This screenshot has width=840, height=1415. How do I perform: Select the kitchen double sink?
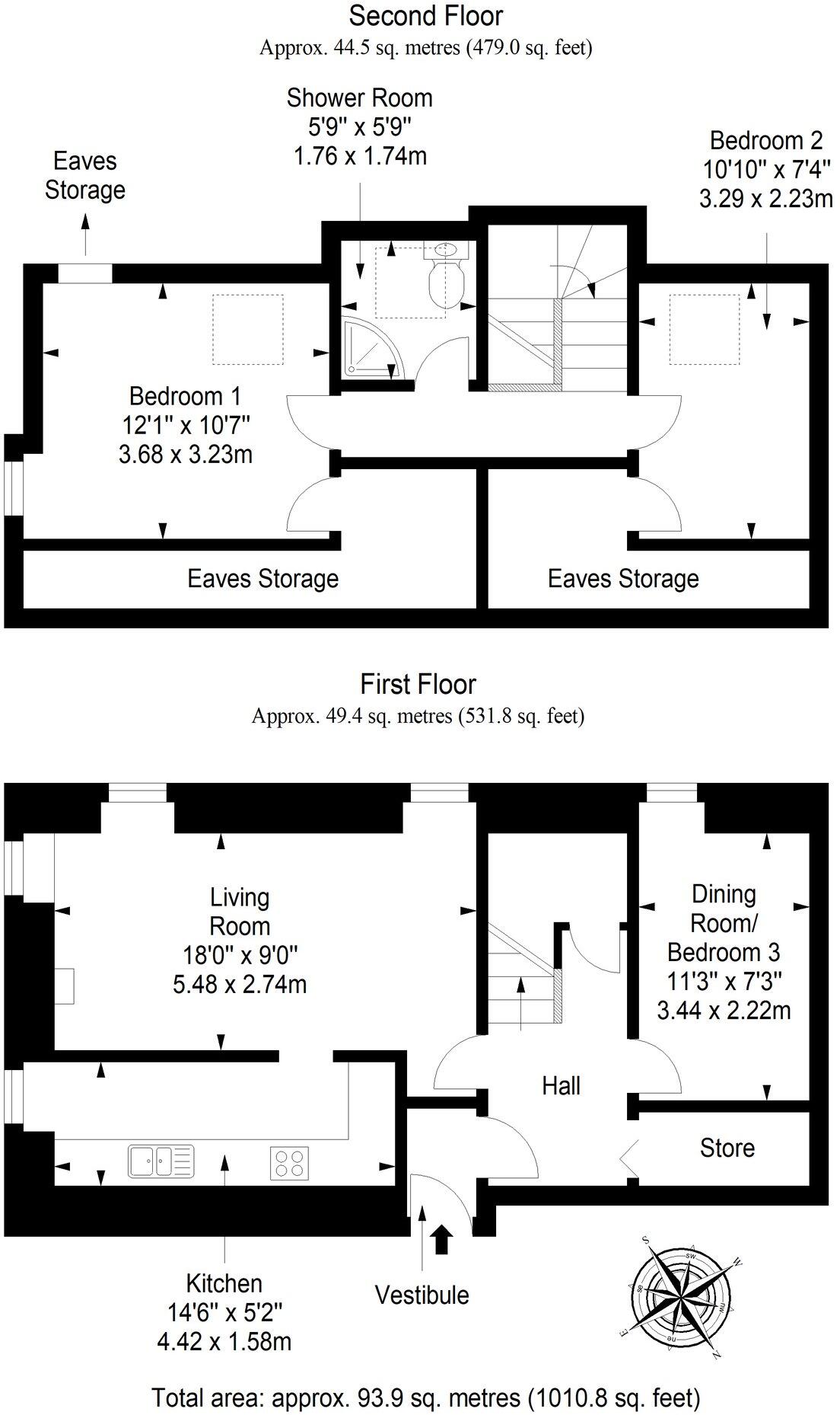161,1161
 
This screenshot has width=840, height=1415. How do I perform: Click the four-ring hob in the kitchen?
290,1163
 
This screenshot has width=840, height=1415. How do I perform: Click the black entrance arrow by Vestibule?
441,1239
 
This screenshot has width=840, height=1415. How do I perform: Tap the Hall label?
561,1085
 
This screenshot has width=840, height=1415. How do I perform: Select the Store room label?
727,1148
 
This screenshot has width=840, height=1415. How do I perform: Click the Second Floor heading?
425,15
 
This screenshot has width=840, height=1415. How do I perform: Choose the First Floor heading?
418,684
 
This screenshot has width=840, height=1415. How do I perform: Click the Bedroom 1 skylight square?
247,329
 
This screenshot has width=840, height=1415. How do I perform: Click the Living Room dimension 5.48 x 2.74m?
240,984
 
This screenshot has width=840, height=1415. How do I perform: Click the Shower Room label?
359,98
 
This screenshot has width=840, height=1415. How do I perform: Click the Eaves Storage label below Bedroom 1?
262,579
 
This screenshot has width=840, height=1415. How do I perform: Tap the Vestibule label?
422,1295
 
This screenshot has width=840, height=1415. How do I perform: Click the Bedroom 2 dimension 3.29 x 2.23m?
765,200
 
